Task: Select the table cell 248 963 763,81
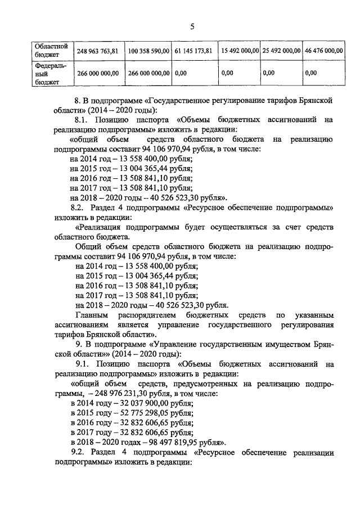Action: pos(97,51)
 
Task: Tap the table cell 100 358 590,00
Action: pos(148,51)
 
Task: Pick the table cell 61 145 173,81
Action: pos(193,51)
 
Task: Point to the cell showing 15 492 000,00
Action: pos(240,51)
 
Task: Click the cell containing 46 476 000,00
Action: pos(323,51)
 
